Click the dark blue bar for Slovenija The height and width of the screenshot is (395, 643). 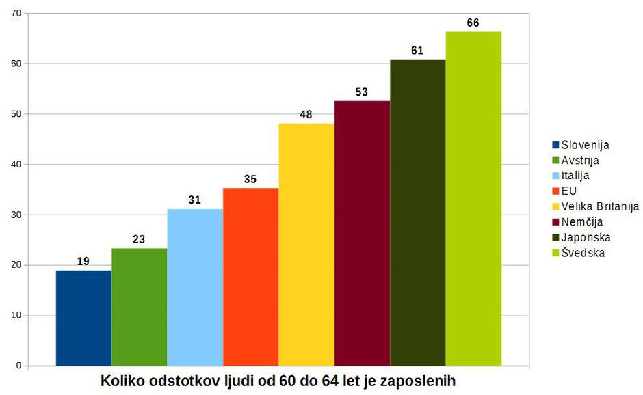(83, 318)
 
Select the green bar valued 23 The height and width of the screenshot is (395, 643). (140, 307)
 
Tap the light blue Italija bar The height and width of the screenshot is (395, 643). (195, 287)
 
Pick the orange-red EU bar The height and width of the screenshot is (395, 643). (250, 277)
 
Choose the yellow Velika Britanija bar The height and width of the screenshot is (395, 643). (306, 245)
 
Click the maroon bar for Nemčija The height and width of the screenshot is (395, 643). (362, 233)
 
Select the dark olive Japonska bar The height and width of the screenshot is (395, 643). (418, 213)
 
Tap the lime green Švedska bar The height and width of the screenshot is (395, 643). (473, 198)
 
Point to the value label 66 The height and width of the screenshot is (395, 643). (473, 23)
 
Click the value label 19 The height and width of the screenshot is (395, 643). (83, 261)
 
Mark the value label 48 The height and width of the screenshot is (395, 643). (306, 114)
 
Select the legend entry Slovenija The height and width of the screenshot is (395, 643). (585, 145)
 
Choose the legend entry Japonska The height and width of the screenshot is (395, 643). (586, 237)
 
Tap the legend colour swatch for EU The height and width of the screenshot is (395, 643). (556, 191)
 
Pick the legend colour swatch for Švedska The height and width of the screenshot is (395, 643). (556, 253)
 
